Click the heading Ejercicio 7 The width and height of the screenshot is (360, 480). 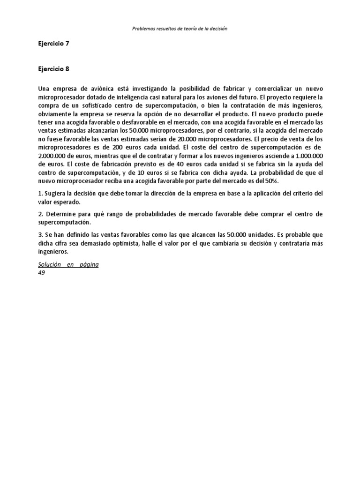(53, 44)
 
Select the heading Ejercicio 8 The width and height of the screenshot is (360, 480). (53, 68)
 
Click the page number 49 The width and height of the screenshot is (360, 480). (42, 273)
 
